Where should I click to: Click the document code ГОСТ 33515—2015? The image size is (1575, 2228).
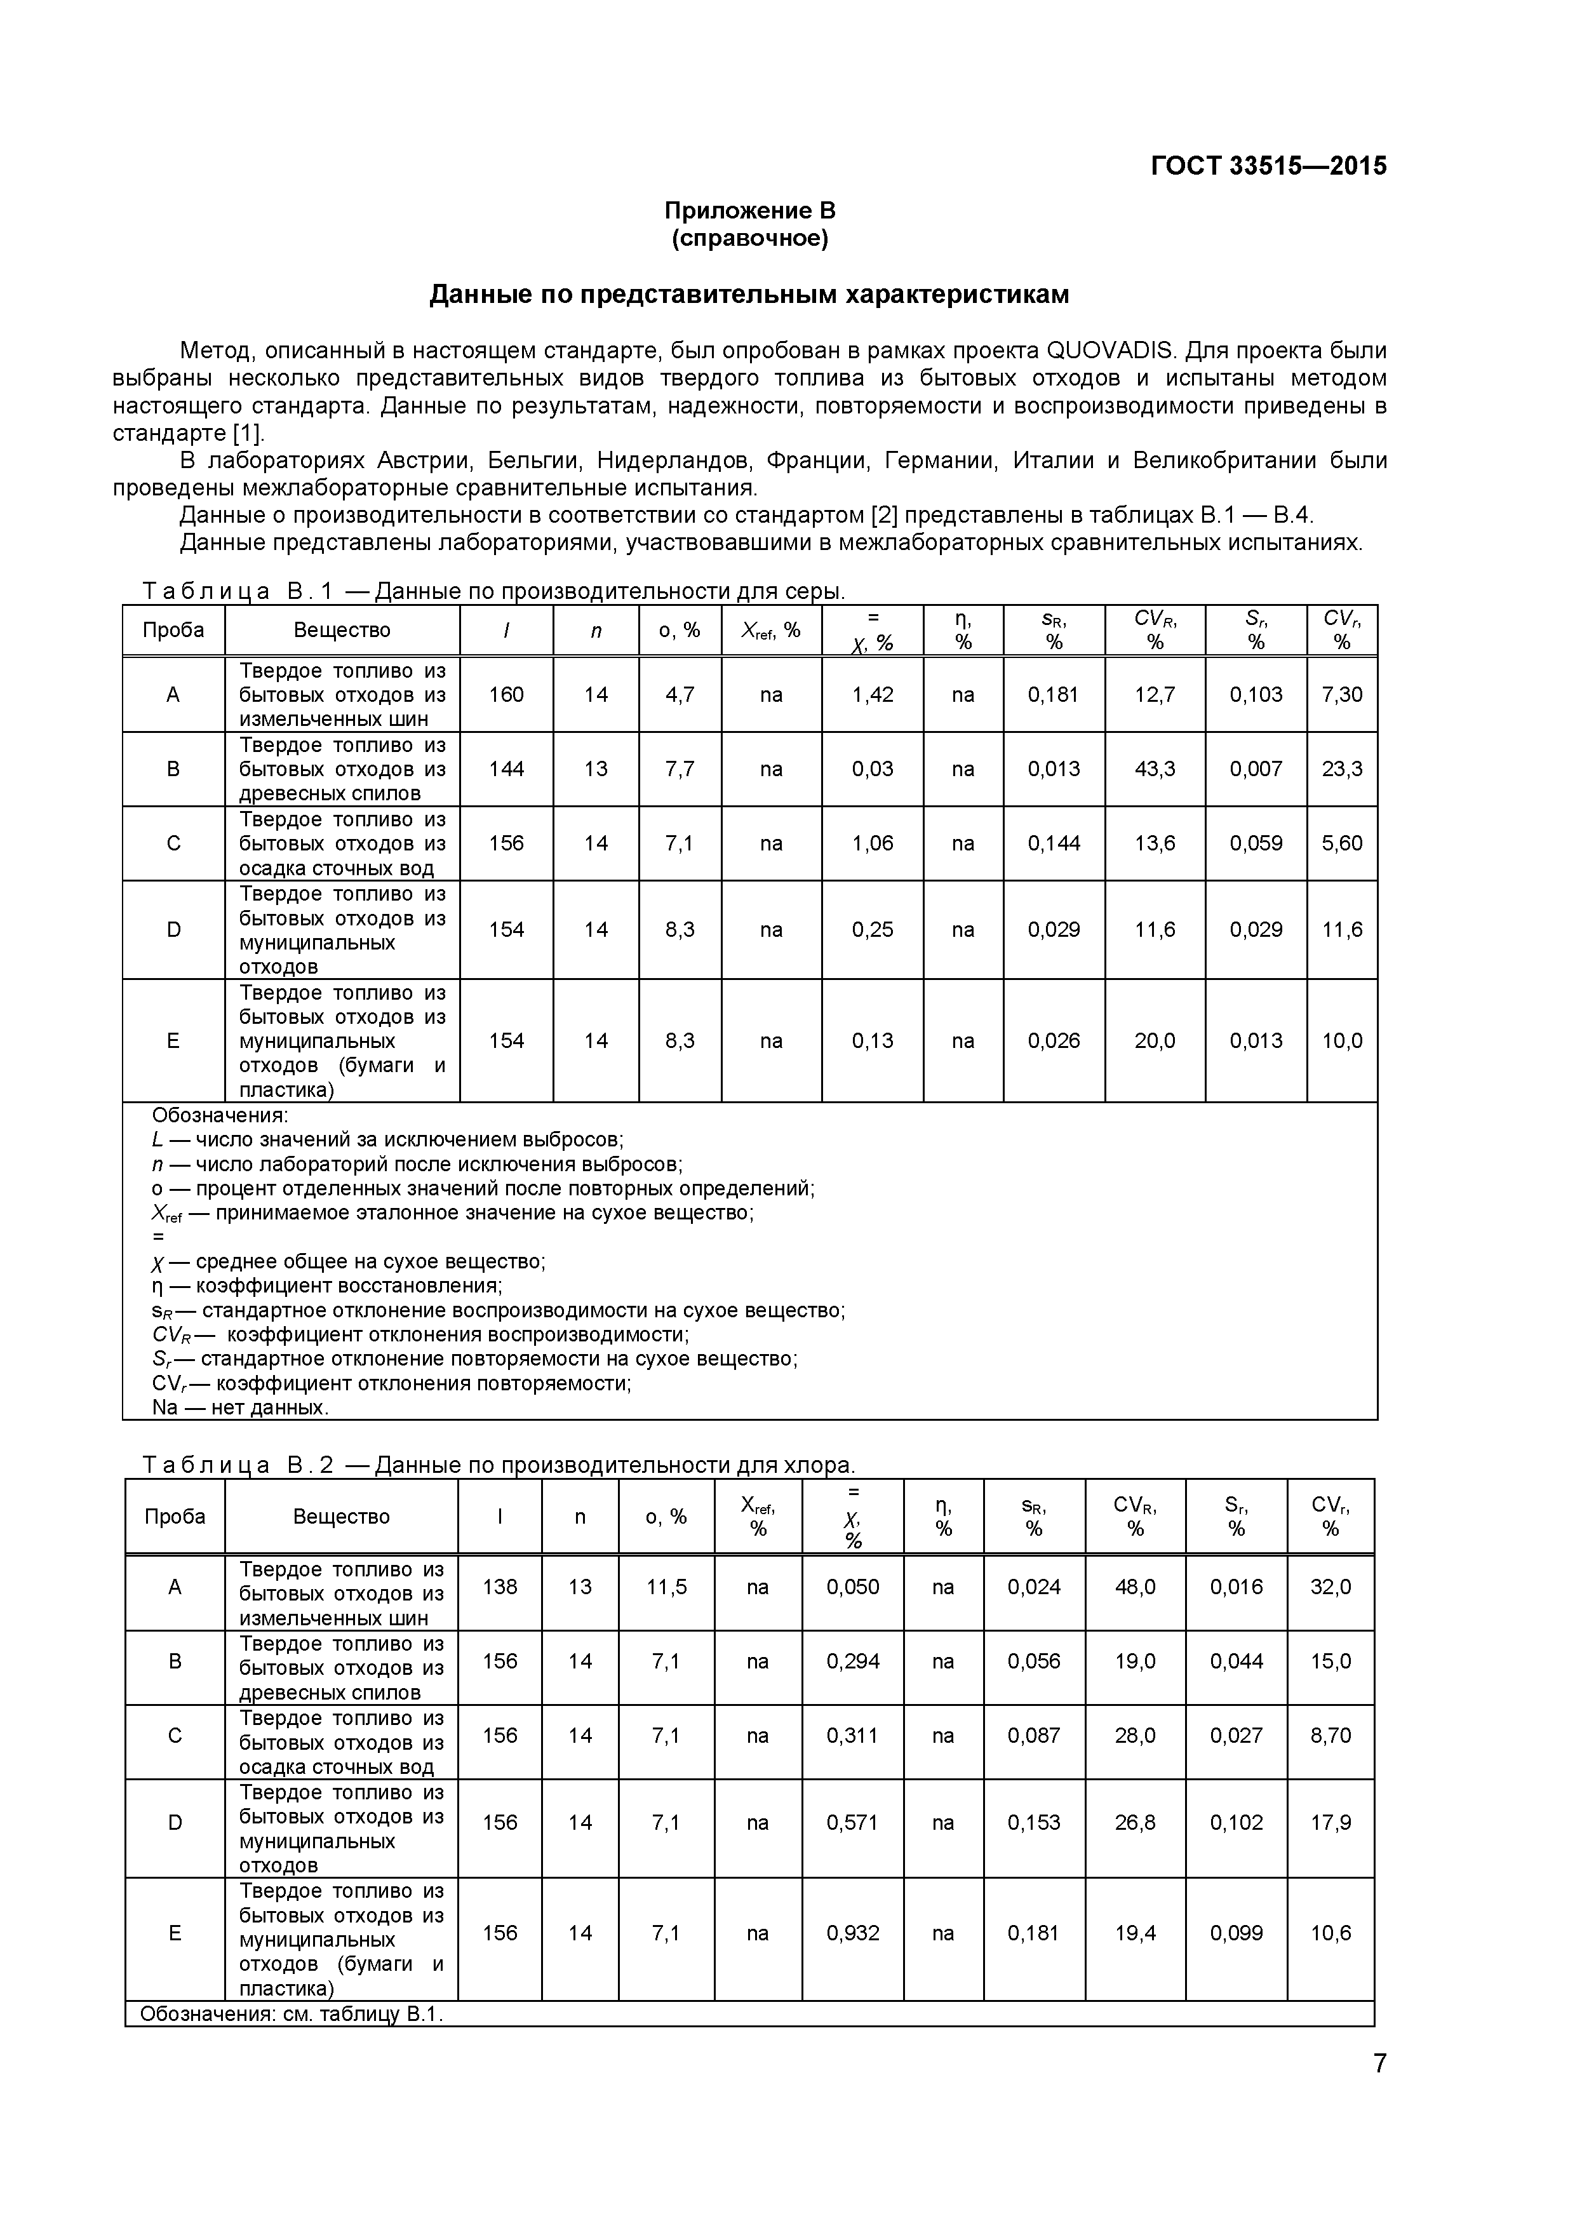pyautogui.click(x=1268, y=166)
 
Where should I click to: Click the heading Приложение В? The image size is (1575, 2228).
pyautogui.click(x=749, y=211)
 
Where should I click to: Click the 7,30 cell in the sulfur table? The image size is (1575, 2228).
pyautogui.click(x=1341, y=695)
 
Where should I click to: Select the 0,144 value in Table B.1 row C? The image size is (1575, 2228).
pyautogui.click(x=1053, y=843)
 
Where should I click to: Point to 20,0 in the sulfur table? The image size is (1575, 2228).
pyautogui.click(x=1154, y=1041)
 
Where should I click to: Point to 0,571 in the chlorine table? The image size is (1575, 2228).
pyautogui.click(x=852, y=1822)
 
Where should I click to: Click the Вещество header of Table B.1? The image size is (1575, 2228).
pyautogui.click(x=342, y=631)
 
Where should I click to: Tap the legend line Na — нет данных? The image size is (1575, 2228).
pyautogui.click(x=241, y=1407)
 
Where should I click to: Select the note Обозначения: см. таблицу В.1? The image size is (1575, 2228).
pyautogui.click(x=291, y=2013)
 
